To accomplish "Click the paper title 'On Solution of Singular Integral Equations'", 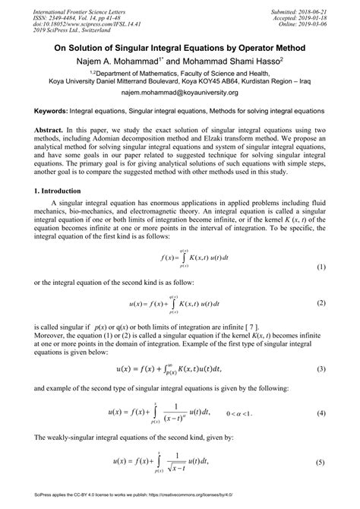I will (x=179, y=47).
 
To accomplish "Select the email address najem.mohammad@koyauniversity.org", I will (x=179, y=92).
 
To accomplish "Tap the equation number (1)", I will (x=321, y=267).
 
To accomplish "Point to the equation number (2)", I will (x=321, y=303).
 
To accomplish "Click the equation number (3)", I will (x=321, y=368).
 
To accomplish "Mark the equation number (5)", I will (x=321, y=483).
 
